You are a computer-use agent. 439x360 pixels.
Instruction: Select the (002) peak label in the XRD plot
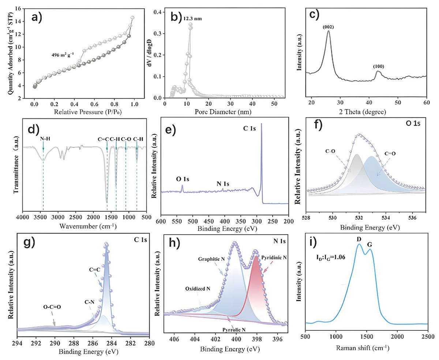[328, 27]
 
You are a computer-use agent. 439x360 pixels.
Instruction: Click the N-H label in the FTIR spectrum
[44, 139]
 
